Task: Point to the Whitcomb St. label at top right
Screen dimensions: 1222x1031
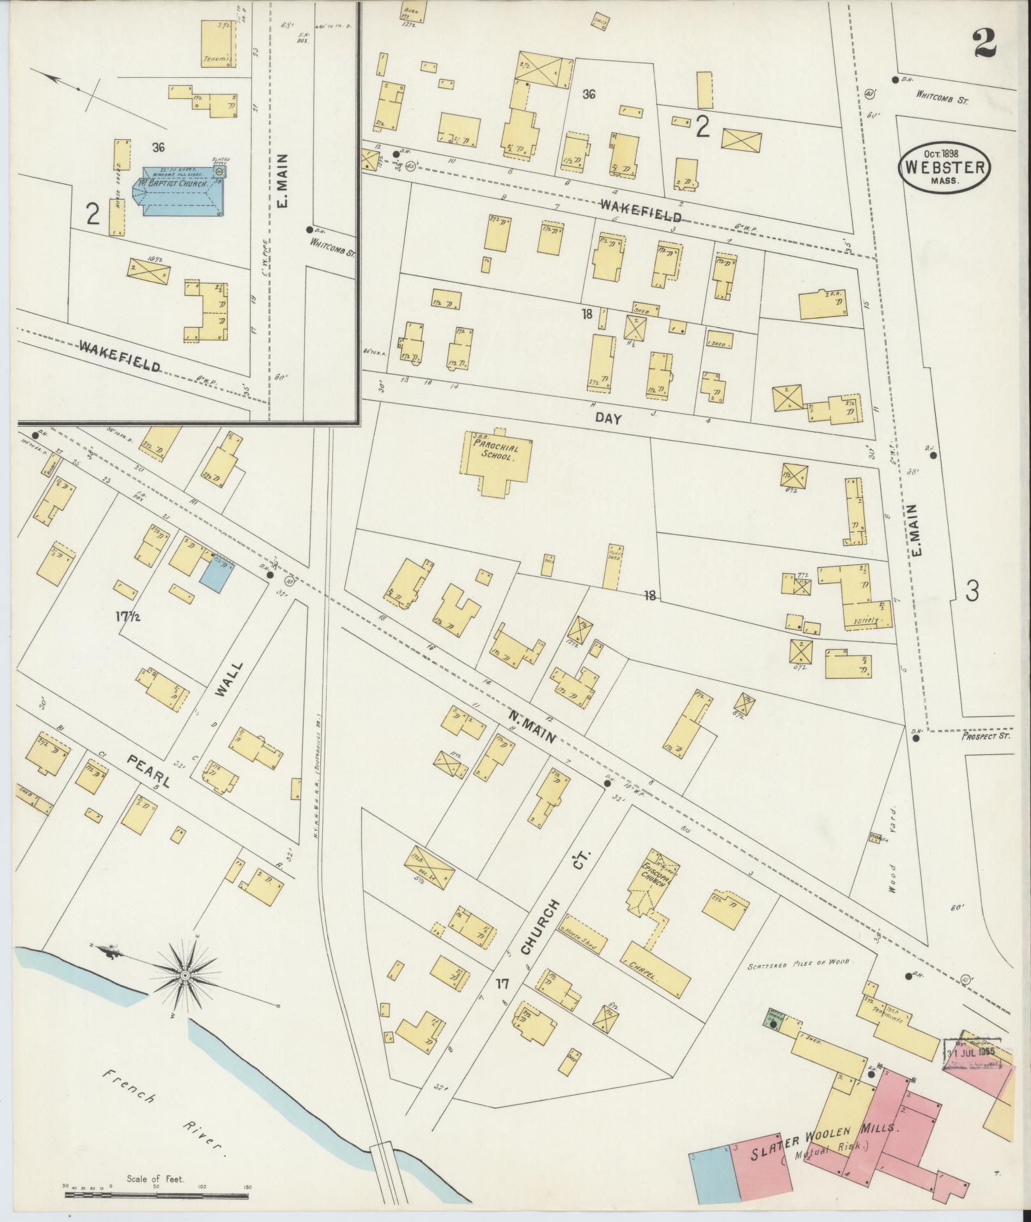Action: click(942, 96)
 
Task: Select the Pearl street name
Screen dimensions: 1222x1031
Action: click(148, 771)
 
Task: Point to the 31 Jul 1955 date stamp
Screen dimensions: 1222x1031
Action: click(971, 1051)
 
